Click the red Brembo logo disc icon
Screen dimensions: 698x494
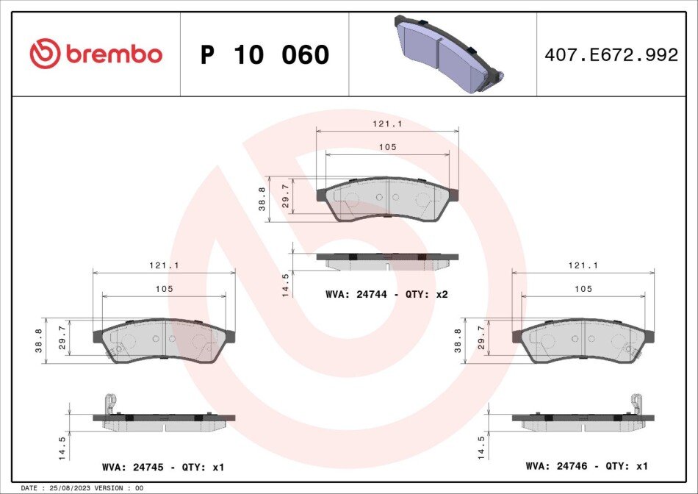coord(45,54)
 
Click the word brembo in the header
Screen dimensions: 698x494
coord(114,54)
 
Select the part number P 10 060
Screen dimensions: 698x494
coord(265,54)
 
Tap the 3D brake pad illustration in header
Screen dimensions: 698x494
coord(449,54)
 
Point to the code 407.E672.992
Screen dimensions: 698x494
coord(611,55)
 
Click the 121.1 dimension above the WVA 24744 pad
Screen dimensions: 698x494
coord(387,124)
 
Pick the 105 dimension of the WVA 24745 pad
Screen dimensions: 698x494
coord(164,289)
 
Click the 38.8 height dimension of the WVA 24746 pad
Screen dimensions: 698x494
coord(458,341)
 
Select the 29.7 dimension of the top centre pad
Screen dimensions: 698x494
coord(285,196)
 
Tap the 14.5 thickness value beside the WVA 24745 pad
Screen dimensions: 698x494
coord(62,448)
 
